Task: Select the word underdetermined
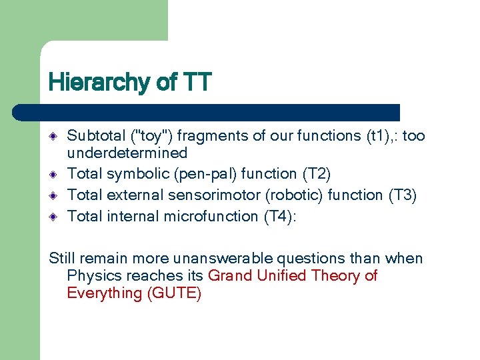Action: coord(127,153)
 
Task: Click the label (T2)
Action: coord(317,174)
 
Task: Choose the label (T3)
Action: coord(403,195)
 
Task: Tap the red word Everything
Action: coord(103,293)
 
